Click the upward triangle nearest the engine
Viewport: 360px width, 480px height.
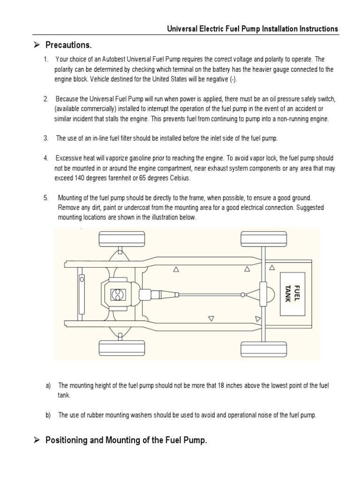click(176, 270)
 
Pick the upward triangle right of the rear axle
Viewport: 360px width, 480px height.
click(272, 268)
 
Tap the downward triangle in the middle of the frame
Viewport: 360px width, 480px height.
click(211, 319)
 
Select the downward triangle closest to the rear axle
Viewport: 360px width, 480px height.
click(257, 319)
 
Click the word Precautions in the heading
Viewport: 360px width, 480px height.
click(68, 45)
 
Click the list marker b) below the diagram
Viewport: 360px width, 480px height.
click(48, 415)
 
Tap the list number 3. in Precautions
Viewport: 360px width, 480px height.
click(46, 138)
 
